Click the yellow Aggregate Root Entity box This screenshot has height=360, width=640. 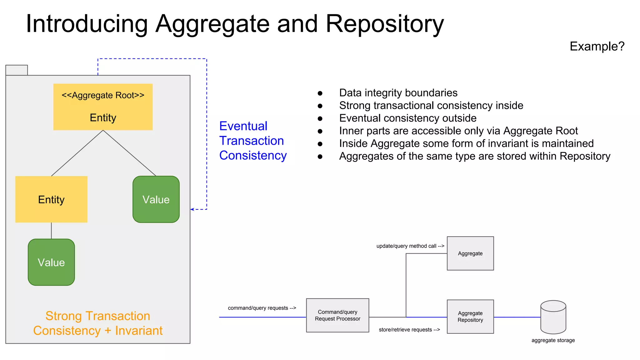click(x=103, y=107)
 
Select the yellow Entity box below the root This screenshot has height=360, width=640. click(x=51, y=199)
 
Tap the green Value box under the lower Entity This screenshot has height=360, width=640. click(x=51, y=262)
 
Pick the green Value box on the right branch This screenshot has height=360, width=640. click(x=156, y=199)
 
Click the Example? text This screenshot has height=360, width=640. click(x=597, y=46)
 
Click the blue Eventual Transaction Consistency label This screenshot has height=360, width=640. click(x=252, y=141)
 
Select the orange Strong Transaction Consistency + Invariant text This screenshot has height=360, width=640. click(x=98, y=323)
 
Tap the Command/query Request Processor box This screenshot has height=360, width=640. click(x=337, y=315)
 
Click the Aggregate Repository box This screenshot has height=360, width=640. click(x=470, y=317)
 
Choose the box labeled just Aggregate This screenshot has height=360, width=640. click(x=470, y=253)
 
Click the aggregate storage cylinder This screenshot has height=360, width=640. click(x=553, y=317)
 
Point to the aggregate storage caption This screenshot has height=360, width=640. click(x=553, y=340)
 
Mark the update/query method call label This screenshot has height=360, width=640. click(x=410, y=246)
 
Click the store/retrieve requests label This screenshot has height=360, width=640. click(x=409, y=330)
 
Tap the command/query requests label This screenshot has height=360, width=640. click(x=262, y=308)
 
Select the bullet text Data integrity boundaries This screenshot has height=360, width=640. click(x=398, y=93)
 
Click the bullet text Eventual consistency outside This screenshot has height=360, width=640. click(x=407, y=118)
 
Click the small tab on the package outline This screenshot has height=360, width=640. click(x=17, y=70)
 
